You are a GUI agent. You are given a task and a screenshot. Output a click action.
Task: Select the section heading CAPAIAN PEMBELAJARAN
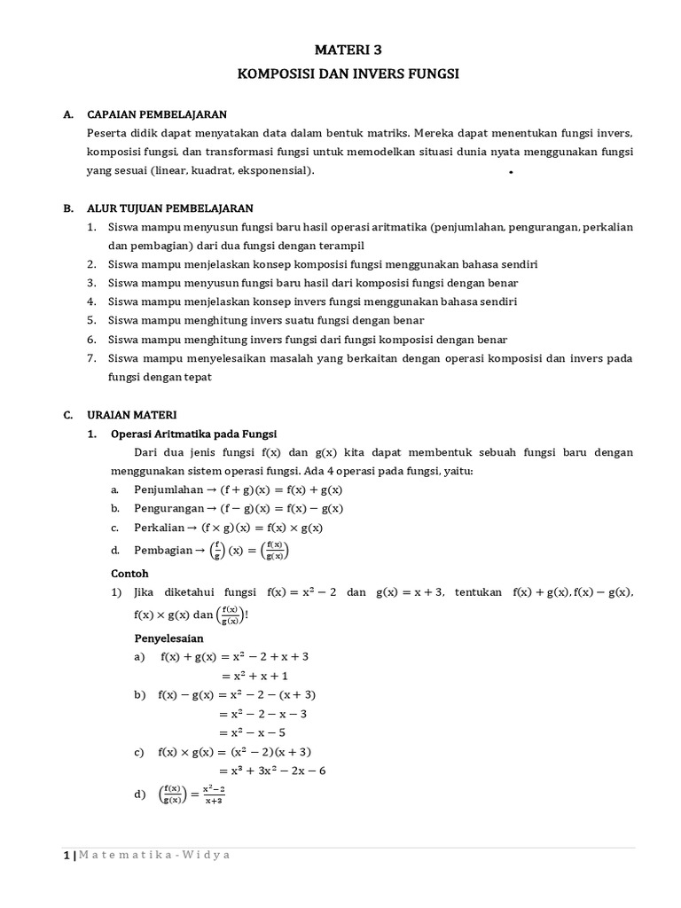[157, 114]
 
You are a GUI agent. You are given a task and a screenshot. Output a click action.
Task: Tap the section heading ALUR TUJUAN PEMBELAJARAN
[170, 208]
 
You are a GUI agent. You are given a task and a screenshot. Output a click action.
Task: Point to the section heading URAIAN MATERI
[132, 414]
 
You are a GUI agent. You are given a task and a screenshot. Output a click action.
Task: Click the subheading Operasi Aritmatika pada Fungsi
[193, 434]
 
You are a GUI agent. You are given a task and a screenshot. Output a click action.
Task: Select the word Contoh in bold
[129, 573]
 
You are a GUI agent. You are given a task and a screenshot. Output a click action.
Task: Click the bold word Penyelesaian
[168, 638]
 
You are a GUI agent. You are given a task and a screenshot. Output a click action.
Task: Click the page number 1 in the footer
[66, 855]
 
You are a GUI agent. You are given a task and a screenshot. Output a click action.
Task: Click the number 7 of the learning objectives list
[90, 358]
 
